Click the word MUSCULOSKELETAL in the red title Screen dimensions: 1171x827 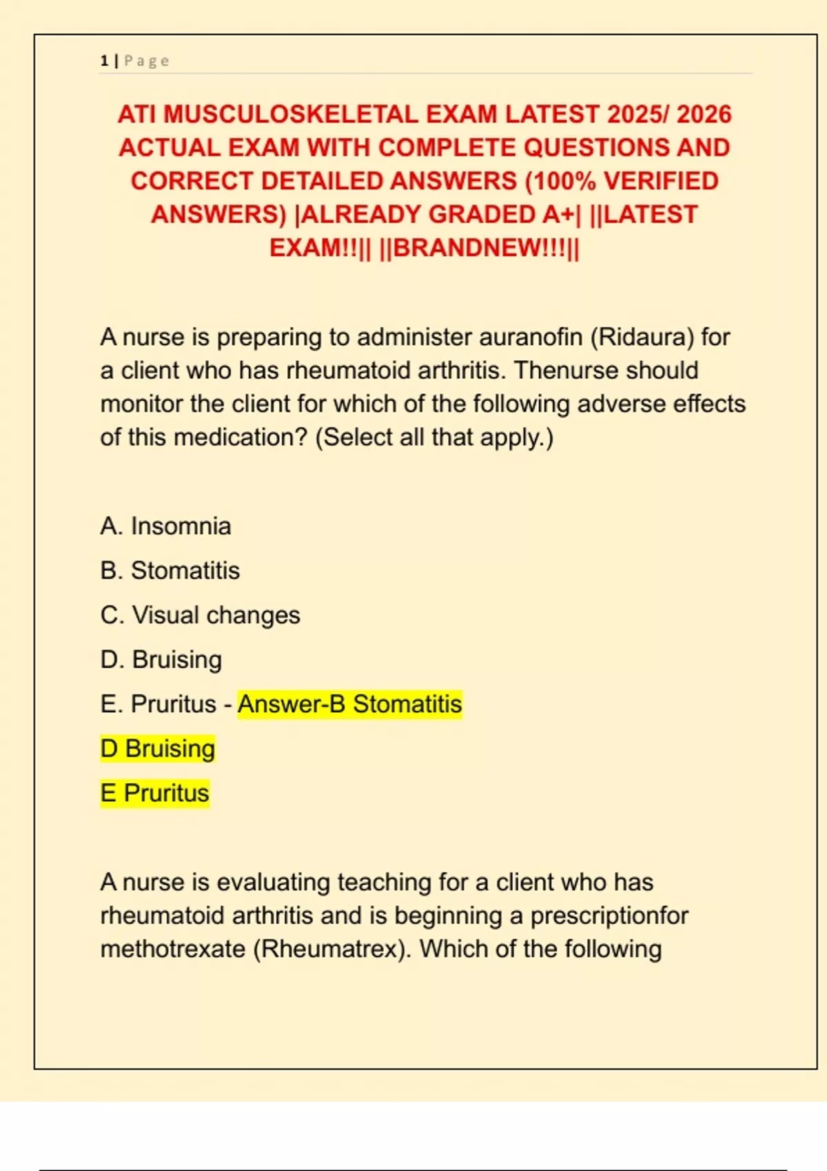(290, 114)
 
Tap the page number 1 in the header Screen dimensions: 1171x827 (104, 61)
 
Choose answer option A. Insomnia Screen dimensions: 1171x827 (165, 526)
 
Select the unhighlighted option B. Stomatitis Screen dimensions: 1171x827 (170, 570)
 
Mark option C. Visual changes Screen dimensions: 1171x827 (200, 615)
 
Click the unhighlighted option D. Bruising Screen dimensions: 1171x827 (161, 660)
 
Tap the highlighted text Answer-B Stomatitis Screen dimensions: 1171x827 (349, 705)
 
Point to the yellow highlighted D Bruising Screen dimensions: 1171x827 (157, 749)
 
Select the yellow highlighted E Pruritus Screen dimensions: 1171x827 (154, 794)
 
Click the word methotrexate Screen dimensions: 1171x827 (173, 949)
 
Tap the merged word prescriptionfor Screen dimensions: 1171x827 (609, 916)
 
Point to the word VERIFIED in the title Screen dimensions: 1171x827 (661, 181)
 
